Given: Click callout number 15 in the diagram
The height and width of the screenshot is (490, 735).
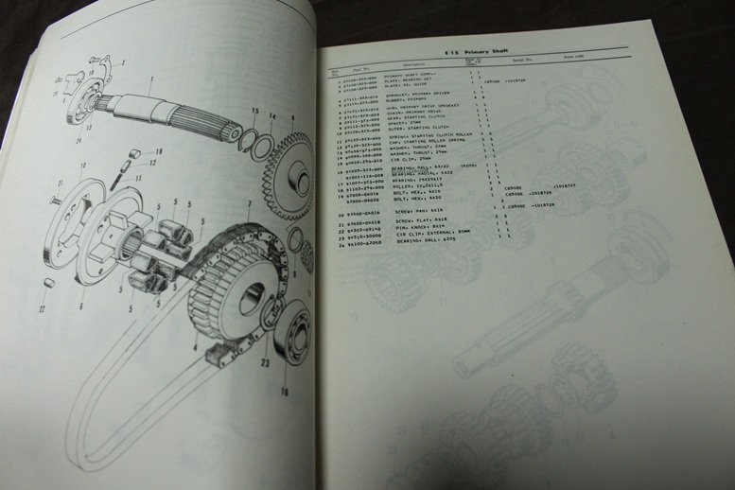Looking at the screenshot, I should [254, 113].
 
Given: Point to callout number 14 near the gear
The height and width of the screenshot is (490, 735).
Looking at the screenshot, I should [273, 115].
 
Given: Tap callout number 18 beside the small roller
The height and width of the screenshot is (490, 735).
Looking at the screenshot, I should [158, 150].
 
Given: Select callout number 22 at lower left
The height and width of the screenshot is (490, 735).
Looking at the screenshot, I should [42, 308].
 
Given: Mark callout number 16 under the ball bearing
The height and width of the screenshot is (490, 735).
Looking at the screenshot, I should [286, 389].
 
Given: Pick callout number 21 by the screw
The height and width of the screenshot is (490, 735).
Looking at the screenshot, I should [58, 184].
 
